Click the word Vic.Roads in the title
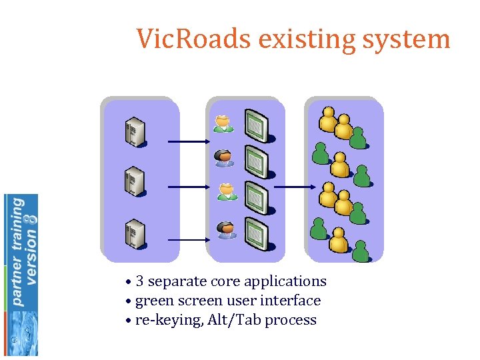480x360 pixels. click(x=194, y=39)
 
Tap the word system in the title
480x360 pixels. click(x=408, y=39)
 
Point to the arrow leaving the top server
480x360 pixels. click(x=189, y=141)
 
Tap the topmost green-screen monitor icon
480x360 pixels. click(x=256, y=127)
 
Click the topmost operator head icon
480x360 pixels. click(x=224, y=124)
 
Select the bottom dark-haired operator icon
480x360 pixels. click(x=226, y=229)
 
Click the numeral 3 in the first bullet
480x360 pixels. click(x=140, y=281)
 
